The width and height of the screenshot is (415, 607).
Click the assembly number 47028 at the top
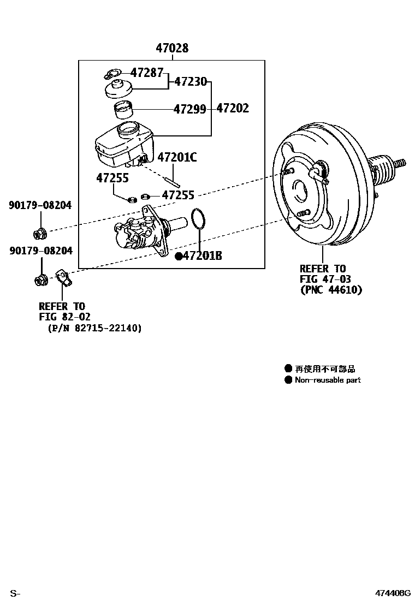click(172, 48)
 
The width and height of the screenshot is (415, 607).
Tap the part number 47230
click(191, 82)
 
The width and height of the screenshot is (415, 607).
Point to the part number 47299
click(189, 109)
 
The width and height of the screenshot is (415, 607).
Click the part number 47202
click(233, 108)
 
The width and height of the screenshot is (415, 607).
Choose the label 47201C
click(177, 158)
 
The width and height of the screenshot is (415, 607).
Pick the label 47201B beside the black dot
click(202, 255)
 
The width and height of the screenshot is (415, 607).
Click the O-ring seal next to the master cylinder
click(199, 219)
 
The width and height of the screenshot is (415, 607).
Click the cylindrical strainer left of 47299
click(123, 110)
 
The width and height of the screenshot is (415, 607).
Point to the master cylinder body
click(140, 234)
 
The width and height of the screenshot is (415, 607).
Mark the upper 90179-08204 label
click(40, 205)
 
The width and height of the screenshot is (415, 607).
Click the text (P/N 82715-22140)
click(94, 328)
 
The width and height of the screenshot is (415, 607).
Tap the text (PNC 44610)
click(331, 290)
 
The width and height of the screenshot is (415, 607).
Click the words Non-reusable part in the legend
click(328, 380)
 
